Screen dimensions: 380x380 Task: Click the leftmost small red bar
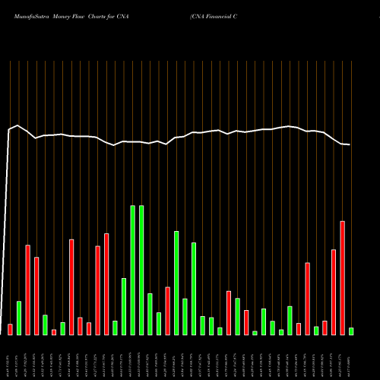tap(10, 329)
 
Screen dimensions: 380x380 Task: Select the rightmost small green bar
tap(351, 331)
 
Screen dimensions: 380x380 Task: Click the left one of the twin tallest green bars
tap(133, 270)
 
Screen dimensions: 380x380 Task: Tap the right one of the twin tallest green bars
tap(141, 270)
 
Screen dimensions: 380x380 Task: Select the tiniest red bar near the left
tap(54, 332)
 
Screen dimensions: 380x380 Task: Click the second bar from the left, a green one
tap(19, 318)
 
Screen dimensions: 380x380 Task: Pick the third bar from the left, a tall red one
tap(28, 290)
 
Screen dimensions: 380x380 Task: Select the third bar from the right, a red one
tap(334, 292)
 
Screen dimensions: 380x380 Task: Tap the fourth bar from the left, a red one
tap(36, 296)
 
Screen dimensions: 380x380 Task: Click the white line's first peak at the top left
tap(17, 125)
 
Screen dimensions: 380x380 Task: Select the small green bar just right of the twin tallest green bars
tap(150, 313)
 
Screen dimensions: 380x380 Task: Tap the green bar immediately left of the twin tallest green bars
tap(124, 306)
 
